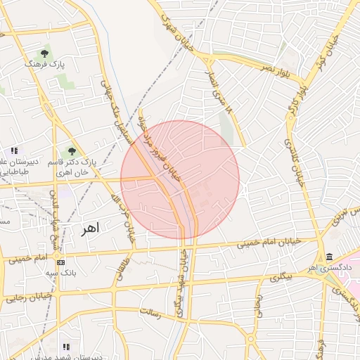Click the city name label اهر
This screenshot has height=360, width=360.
[91, 229]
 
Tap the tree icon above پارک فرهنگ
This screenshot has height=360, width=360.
[45, 53]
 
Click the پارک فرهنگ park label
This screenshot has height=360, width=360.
[44, 64]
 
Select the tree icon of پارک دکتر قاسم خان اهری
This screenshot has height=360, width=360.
[72, 150]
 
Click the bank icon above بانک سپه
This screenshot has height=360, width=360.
[60, 262]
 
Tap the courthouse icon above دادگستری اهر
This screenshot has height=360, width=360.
[330, 257]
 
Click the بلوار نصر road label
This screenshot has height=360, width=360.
[276, 69]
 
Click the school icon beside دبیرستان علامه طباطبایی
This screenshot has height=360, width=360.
[14, 150]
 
